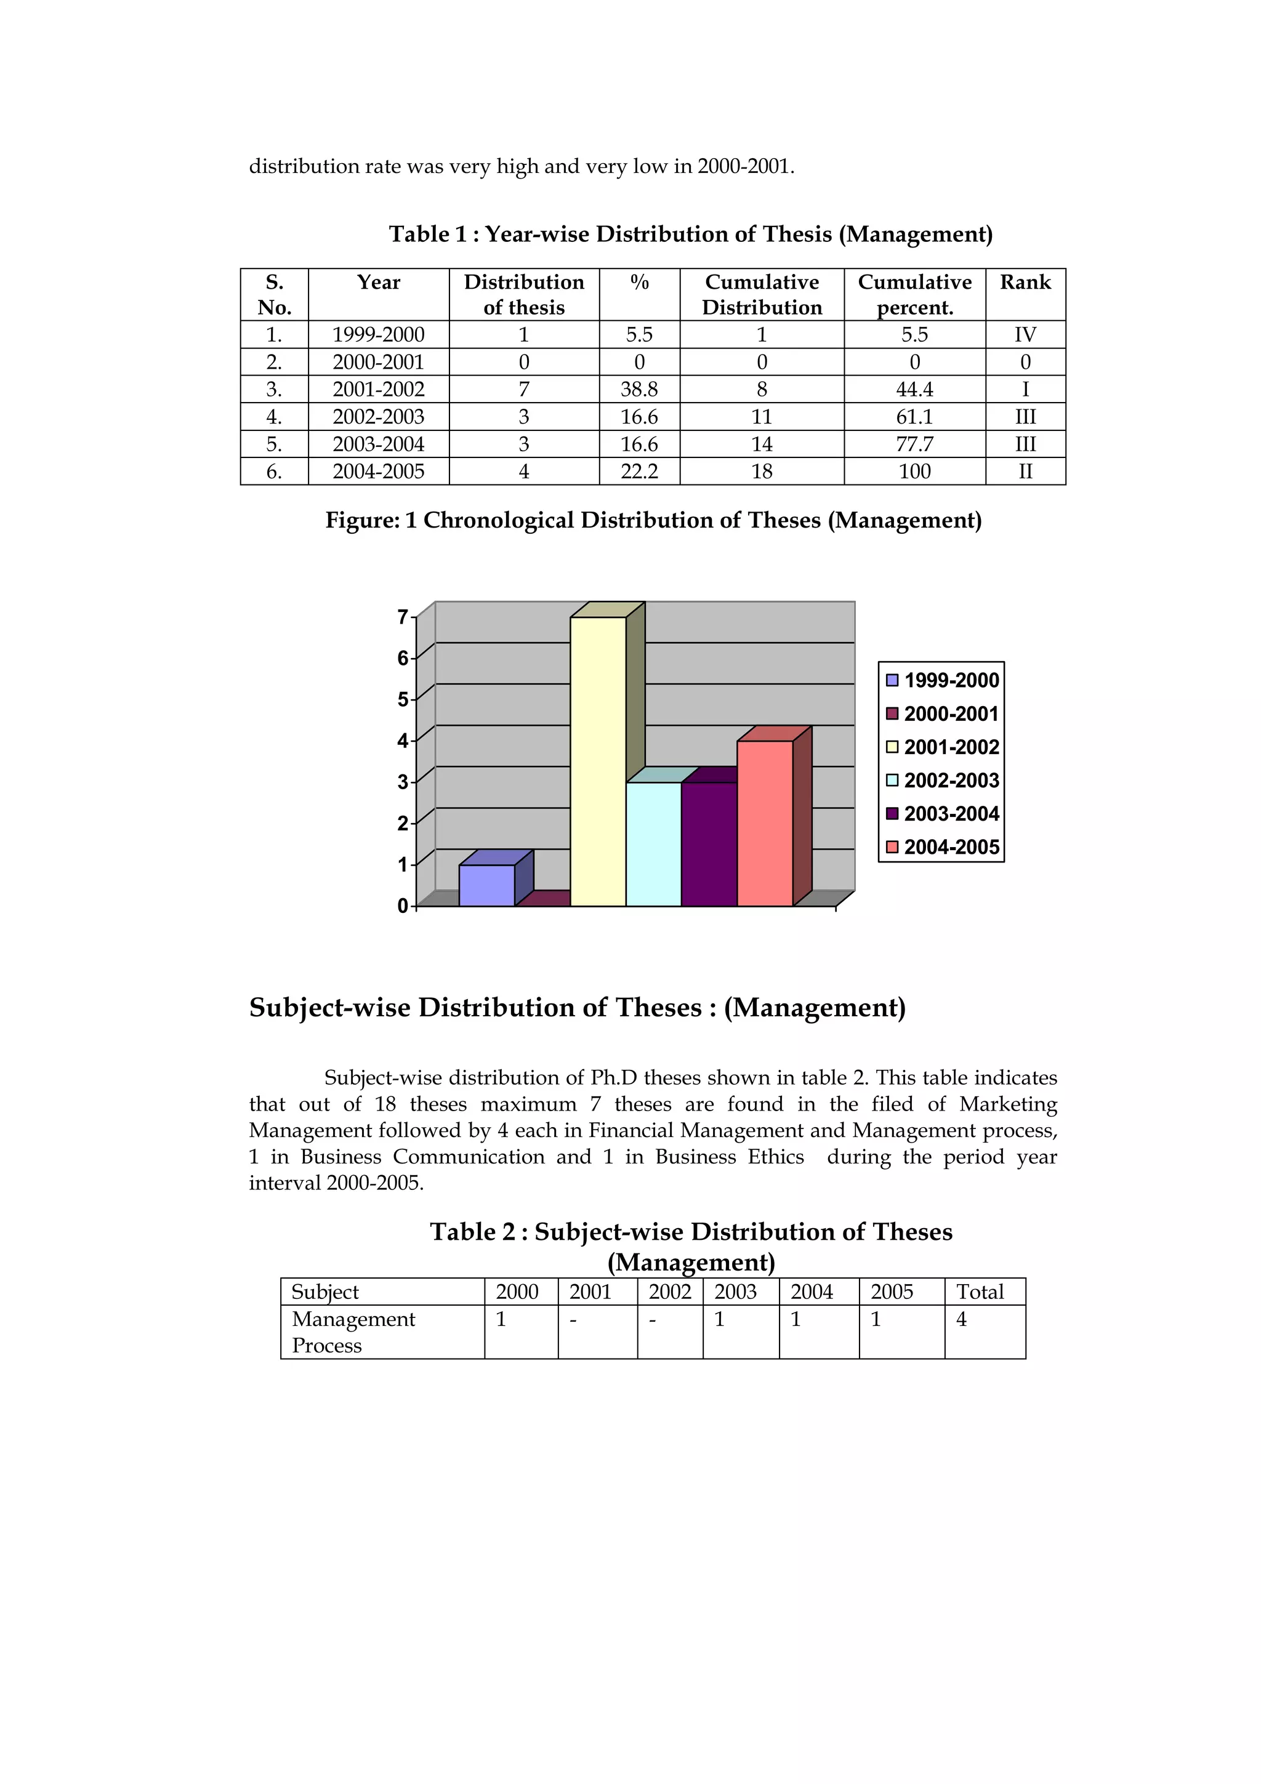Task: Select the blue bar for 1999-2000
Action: [x=486, y=885]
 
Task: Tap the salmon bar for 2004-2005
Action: [x=765, y=824]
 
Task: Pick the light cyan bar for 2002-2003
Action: [x=653, y=844]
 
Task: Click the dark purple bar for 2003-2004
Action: [x=709, y=844]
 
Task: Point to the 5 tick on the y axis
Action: [x=403, y=699]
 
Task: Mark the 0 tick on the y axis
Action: [x=403, y=906]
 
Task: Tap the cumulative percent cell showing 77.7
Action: [x=914, y=444]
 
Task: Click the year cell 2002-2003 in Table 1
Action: [x=379, y=417]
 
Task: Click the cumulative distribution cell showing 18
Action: [x=762, y=472]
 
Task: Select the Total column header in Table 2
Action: [x=980, y=1292]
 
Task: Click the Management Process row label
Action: [x=353, y=1332]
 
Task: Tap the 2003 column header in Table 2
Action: [x=735, y=1292]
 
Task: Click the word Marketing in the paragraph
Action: [x=1008, y=1104]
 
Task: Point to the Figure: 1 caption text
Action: [x=653, y=520]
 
